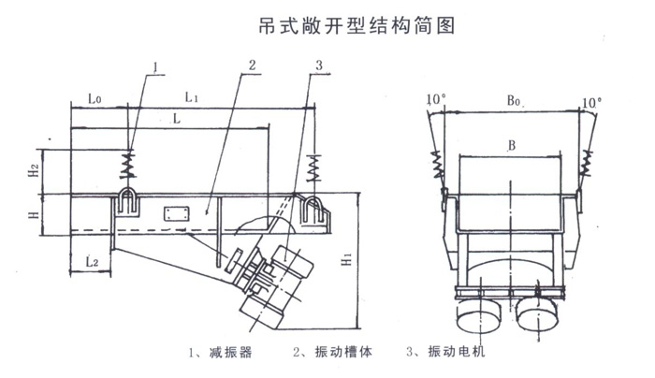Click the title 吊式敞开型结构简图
click(357, 25)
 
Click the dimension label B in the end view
click(509, 145)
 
